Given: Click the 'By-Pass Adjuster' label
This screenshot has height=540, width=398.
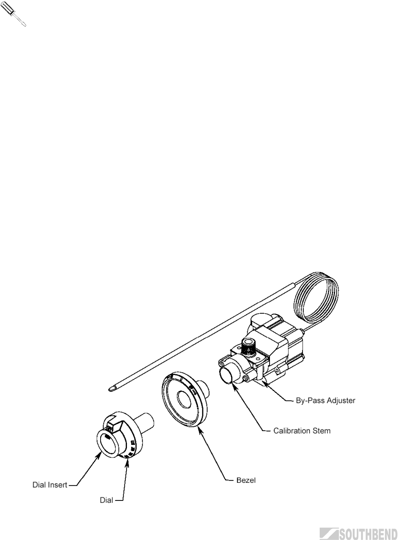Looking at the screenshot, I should pyautogui.click(x=325, y=401).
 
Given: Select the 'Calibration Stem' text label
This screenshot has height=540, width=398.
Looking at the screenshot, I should pyautogui.click(x=302, y=431).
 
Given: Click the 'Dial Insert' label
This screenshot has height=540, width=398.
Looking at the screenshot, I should pyautogui.click(x=49, y=485).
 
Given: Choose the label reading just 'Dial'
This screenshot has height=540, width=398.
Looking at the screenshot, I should pyautogui.click(x=106, y=500).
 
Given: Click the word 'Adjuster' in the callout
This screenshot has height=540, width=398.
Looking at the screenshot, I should pyautogui.click(x=341, y=401).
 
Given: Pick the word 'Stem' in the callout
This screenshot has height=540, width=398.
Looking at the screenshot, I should pyautogui.click(x=322, y=431).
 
